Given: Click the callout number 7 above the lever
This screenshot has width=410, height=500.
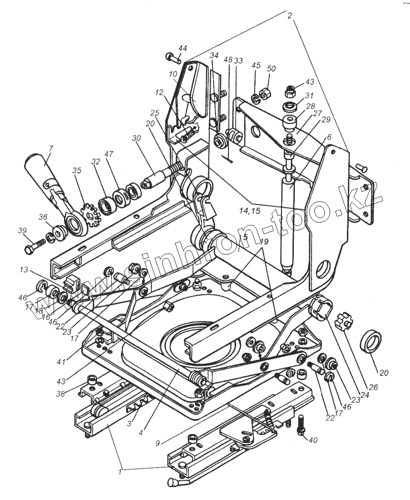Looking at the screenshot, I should [51, 149].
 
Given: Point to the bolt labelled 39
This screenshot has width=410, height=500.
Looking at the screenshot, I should [33, 247].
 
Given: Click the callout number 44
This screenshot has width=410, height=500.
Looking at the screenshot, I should [183, 49].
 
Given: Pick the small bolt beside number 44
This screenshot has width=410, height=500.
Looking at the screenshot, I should [173, 58].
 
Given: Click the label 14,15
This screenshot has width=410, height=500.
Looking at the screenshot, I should [250, 211].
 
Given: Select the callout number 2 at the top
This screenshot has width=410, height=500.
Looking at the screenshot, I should [290, 15].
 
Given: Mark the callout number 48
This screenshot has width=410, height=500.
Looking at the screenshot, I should [227, 60].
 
